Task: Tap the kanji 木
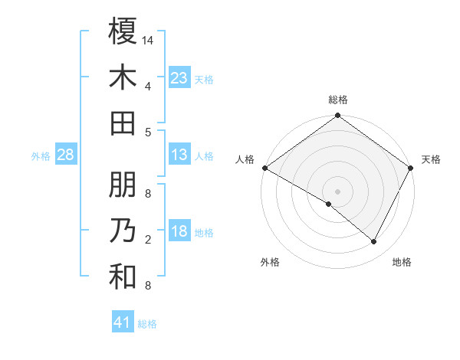tap(123, 77)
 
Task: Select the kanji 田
tap(123, 124)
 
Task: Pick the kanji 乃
tap(123, 231)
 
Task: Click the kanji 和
tap(123, 278)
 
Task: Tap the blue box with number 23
tap(179, 77)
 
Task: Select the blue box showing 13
tap(179, 155)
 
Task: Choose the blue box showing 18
tap(179, 232)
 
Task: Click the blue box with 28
tap(65, 155)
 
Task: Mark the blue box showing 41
tap(123, 322)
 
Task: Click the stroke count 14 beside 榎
tap(148, 40)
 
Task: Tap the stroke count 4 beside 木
tap(148, 87)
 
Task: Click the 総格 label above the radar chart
tap(338, 100)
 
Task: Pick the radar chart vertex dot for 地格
tap(374, 241)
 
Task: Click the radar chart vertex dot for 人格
tap(264, 168)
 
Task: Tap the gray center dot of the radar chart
tap(338, 191)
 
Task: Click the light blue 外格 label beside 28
tap(41, 156)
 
